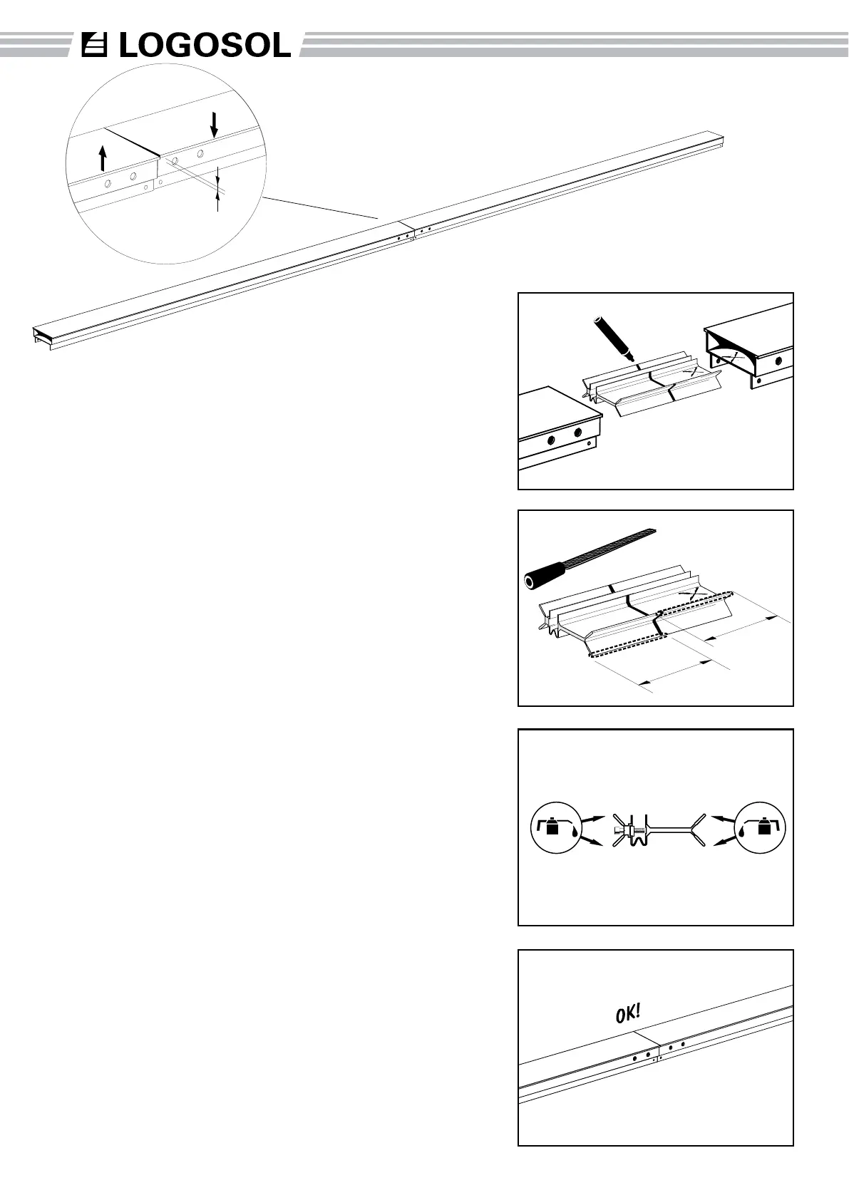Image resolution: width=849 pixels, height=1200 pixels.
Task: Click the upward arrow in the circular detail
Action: pos(103,157)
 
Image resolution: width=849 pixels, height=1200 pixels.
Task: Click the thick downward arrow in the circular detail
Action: pos(213,125)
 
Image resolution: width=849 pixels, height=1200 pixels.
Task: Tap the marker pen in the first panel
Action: pos(614,338)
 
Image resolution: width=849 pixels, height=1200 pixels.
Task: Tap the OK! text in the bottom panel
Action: pos(628,1013)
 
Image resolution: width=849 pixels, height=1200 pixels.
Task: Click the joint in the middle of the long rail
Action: pos(413,232)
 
